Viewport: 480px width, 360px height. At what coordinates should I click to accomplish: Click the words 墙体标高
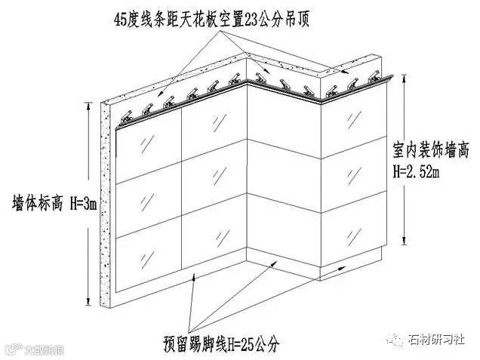tap(36, 202)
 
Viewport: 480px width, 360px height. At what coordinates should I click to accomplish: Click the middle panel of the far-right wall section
tap(350, 181)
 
